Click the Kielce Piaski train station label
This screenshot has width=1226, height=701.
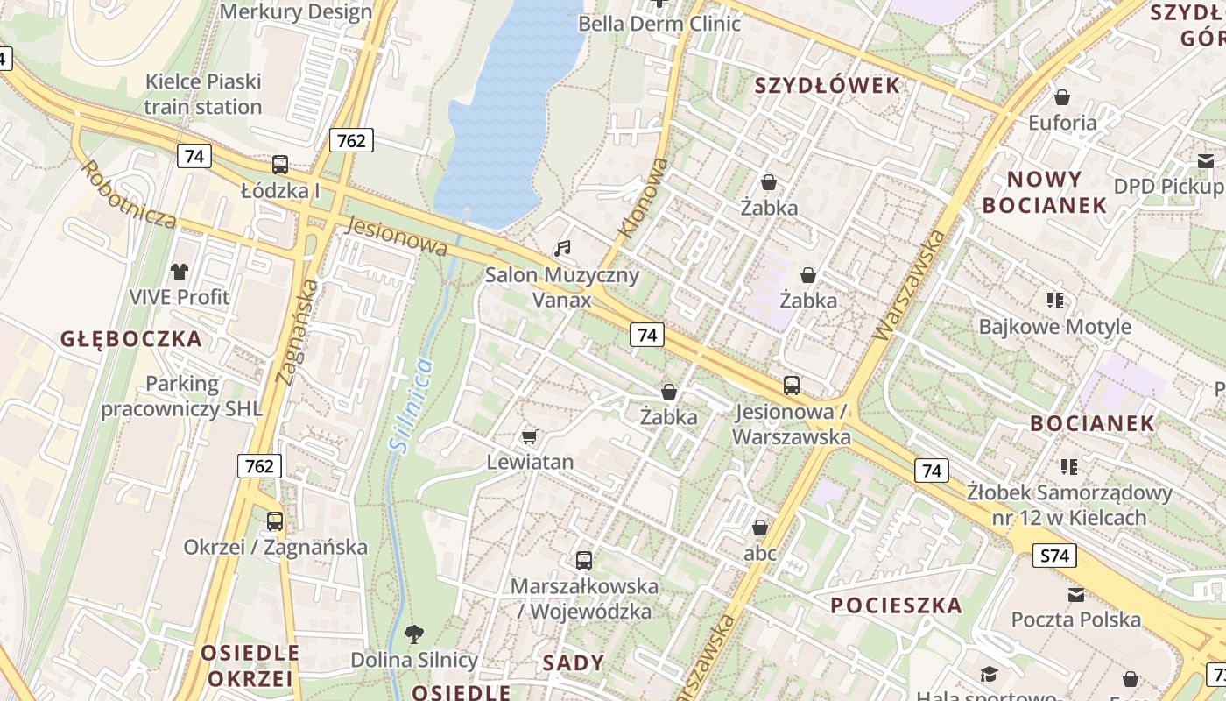(x=203, y=94)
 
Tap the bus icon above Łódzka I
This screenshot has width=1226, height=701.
(x=280, y=164)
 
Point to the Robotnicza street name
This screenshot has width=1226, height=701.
(x=130, y=194)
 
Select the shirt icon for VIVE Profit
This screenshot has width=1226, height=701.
(x=180, y=272)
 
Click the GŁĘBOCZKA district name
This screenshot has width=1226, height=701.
(x=131, y=339)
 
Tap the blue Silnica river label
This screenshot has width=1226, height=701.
(x=411, y=405)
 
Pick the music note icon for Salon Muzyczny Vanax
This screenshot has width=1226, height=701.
(x=562, y=249)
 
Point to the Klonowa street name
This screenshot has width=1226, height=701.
(x=644, y=198)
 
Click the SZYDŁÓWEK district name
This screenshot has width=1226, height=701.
(x=827, y=85)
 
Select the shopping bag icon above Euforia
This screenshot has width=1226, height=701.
(x=1062, y=97)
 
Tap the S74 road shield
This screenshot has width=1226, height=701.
(x=1054, y=556)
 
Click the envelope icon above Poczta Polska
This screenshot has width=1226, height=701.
(x=1076, y=595)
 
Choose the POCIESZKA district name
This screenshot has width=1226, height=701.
(x=896, y=605)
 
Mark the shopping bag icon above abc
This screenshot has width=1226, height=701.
(x=760, y=528)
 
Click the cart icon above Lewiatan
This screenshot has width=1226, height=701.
(x=529, y=435)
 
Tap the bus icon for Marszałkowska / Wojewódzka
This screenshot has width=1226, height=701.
(x=584, y=561)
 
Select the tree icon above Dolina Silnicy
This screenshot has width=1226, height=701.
(x=414, y=634)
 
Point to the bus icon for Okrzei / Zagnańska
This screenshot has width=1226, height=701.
(x=275, y=521)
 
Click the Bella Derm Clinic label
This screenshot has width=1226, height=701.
(x=659, y=24)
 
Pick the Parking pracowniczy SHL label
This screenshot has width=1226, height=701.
(x=182, y=396)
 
